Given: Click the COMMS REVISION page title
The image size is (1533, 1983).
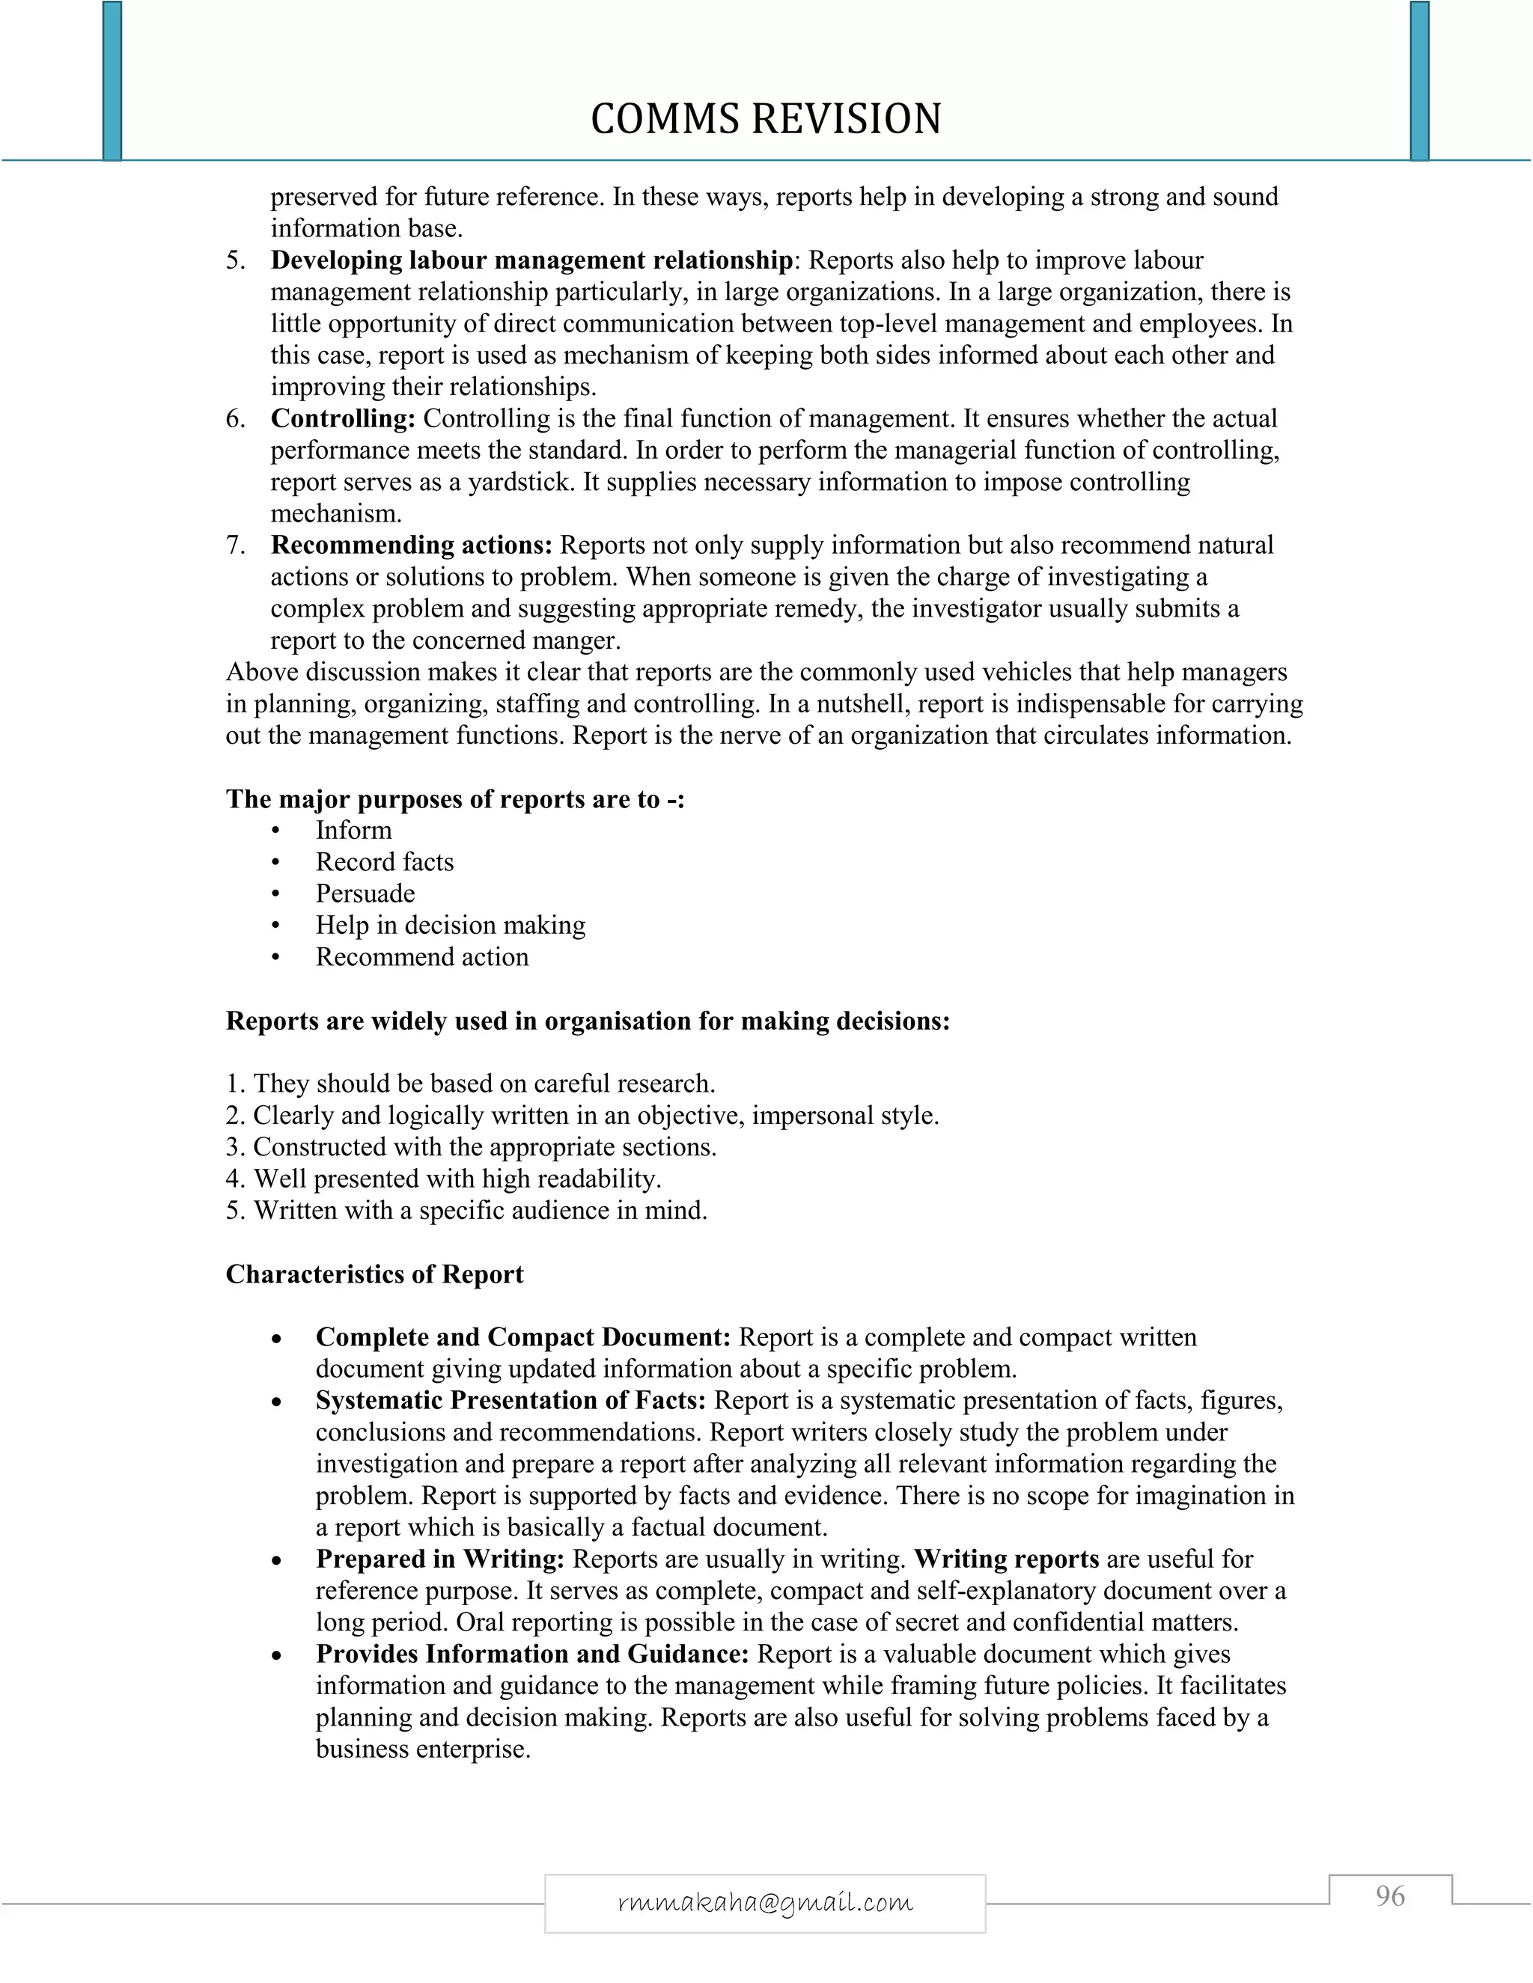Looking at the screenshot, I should [766, 119].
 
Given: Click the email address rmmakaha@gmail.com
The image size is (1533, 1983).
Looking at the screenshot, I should [765, 1902].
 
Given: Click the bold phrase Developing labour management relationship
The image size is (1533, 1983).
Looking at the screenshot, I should [531, 260].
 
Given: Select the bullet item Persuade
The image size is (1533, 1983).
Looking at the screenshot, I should [365, 893].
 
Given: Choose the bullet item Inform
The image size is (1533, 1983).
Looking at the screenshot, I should [353, 830].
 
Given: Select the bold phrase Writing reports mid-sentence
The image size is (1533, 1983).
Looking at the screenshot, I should [1006, 1559].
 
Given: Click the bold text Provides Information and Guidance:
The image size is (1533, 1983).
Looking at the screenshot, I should [532, 1654].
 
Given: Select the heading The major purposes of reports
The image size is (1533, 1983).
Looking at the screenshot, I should [454, 799].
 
